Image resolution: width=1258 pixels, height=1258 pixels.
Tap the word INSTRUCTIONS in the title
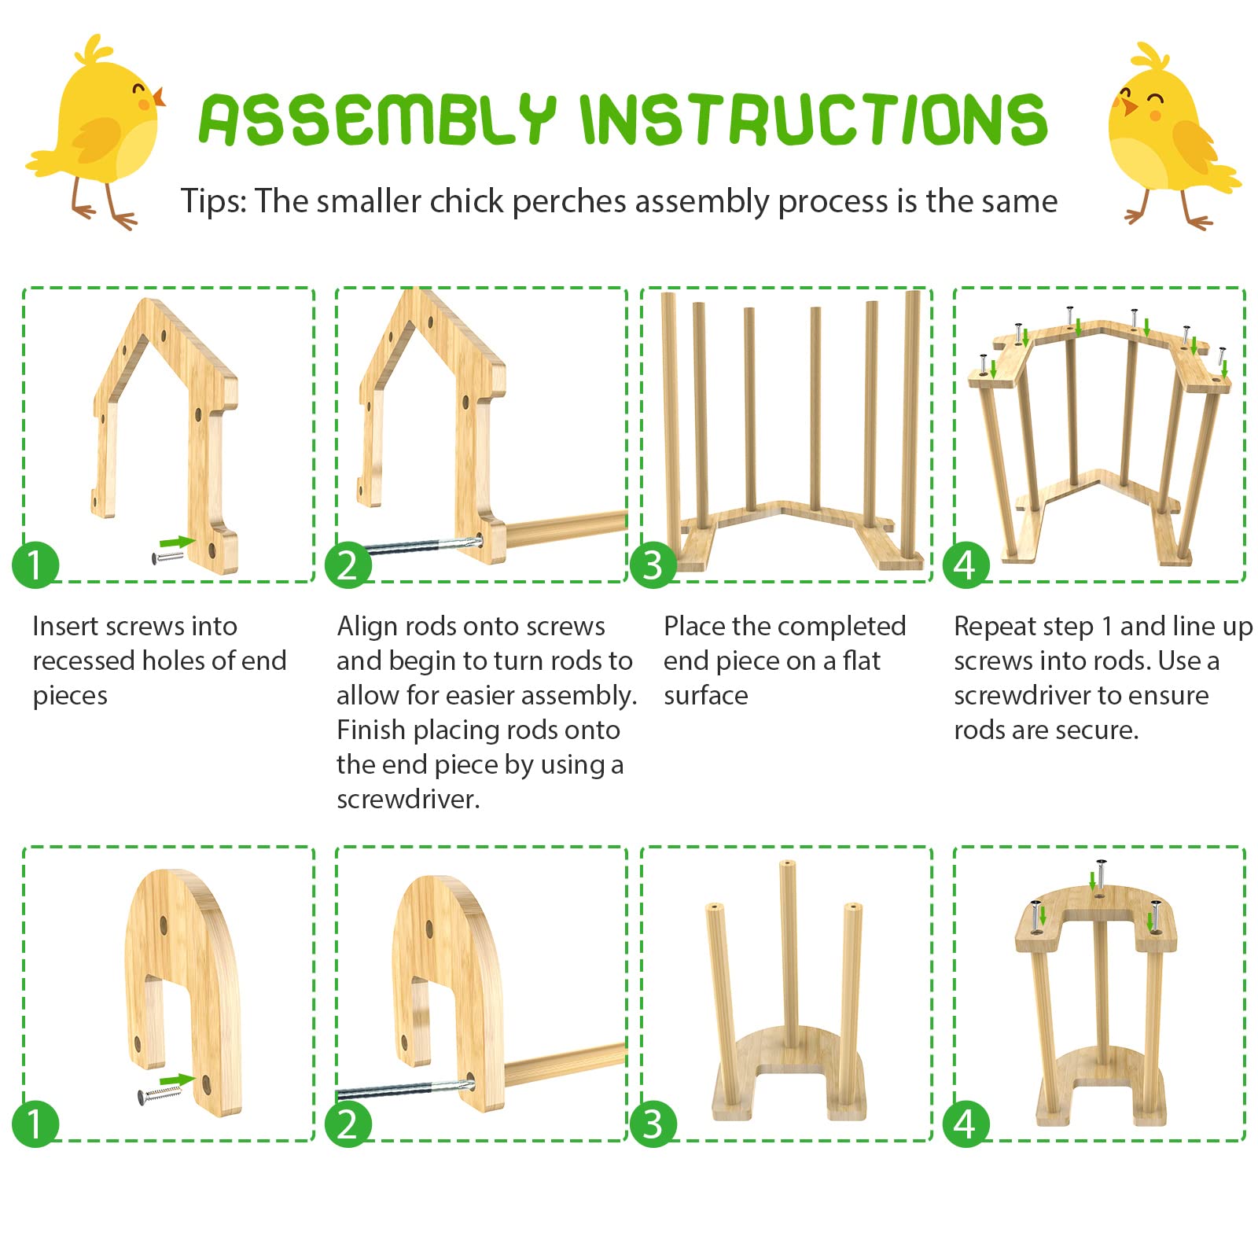813,120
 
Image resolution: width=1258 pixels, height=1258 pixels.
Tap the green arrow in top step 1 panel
177,542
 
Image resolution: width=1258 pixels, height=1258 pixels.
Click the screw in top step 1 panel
167,557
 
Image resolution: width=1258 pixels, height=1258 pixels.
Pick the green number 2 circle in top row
348,565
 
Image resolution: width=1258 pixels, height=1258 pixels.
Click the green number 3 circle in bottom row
653,1124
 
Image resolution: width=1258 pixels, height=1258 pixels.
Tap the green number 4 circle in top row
966,565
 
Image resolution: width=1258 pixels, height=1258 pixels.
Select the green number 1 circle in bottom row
35,1124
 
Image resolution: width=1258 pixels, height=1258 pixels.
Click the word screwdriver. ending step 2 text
407,800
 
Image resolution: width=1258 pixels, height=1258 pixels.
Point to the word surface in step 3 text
705,696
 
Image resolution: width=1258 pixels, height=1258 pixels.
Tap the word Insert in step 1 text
65,627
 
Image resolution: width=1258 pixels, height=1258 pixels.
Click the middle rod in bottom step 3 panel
789,951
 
